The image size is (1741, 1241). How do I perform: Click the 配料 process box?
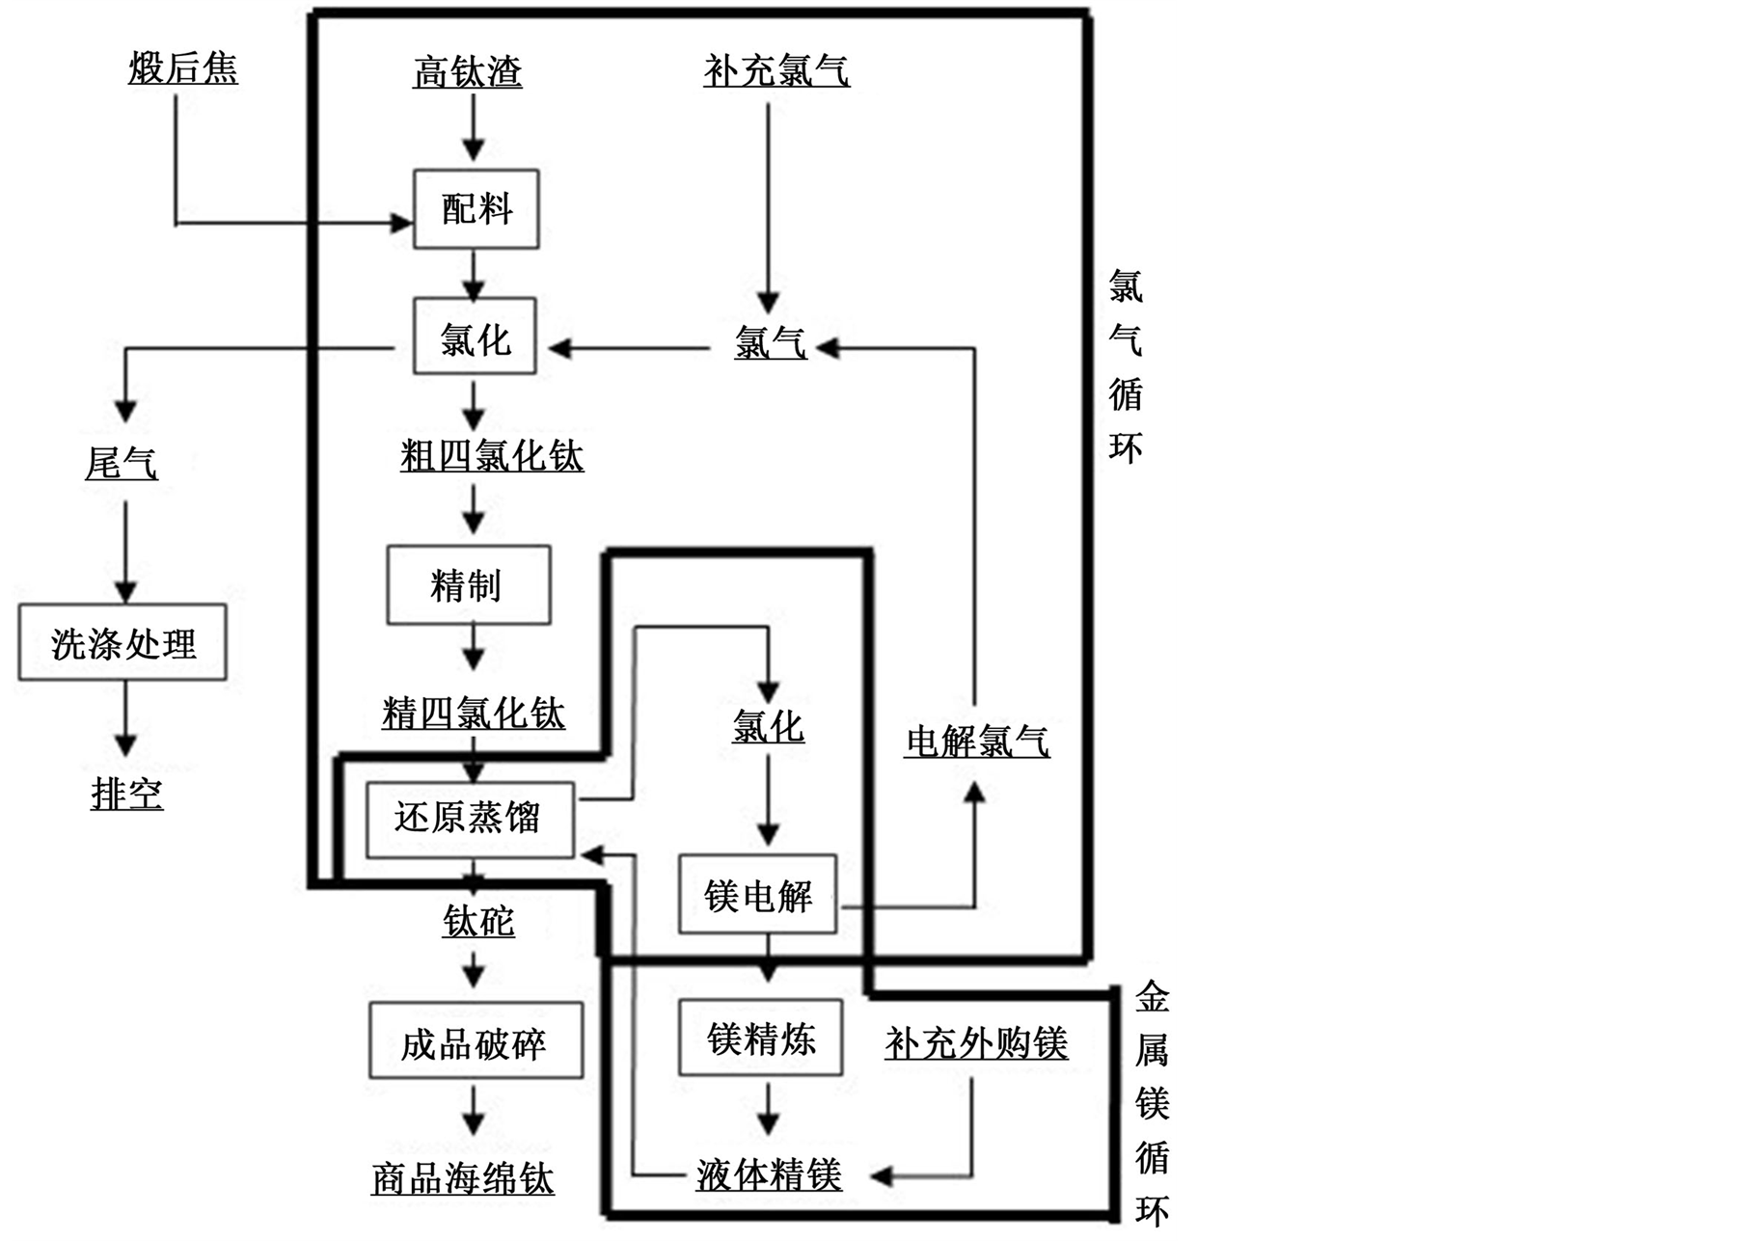point(476,209)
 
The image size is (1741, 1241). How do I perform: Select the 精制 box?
point(469,585)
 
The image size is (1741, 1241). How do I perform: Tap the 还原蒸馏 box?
point(470,819)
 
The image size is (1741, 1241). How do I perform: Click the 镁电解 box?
point(757,896)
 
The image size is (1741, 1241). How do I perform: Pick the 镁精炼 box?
point(760,1039)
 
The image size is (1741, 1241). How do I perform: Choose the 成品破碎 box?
point(476,1041)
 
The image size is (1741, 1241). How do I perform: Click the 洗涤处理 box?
point(122,643)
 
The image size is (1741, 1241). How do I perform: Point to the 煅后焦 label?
point(183,69)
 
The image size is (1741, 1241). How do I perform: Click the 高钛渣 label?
point(468,71)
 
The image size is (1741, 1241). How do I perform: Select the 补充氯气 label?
point(776,71)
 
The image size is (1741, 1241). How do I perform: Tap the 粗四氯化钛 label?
point(492,456)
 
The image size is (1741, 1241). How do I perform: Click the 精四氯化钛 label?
point(474,714)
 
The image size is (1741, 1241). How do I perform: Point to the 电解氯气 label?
point(977,742)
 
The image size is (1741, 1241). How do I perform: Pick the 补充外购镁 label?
point(976,1043)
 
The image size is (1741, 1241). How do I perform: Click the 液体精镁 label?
point(769,1174)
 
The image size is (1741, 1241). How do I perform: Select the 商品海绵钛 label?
point(463,1178)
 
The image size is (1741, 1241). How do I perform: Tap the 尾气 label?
point(122,465)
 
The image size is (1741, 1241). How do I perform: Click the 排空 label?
point(127,795)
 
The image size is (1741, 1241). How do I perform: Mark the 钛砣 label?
point(478,922)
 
